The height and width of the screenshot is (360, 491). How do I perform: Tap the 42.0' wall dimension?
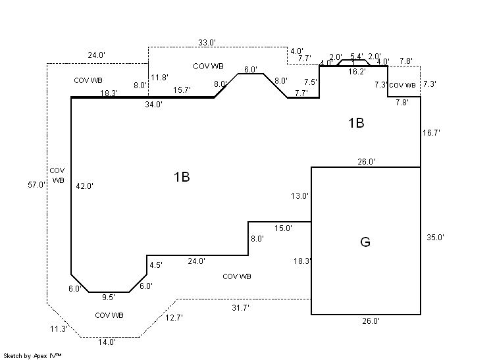(x=84, y=186)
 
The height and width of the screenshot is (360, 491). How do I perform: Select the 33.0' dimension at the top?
(x=207, y=43)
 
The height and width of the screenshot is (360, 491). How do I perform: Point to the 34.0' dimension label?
(x=154, y=104)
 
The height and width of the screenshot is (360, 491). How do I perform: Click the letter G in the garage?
(x=365, y=242)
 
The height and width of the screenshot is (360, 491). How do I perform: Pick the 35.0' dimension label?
(x=435, y=238)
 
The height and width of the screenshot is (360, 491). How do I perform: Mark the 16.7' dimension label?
(x=431, y=133)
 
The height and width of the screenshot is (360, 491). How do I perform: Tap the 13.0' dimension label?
(x=299, y=196)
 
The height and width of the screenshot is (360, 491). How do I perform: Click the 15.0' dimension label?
(x=283, y=228)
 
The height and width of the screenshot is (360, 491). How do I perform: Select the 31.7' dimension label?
(x=240, y=307)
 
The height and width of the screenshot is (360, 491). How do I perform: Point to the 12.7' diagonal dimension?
(x=174, y=318)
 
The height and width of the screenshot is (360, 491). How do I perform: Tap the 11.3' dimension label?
(x=59, y=328)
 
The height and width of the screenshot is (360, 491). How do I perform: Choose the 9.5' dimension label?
(x=109, y=297)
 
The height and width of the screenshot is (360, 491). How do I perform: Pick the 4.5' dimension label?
(x=156, y=265)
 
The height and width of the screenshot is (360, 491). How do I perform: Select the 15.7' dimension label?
(x=182, y=90)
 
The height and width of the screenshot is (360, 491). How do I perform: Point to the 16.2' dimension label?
(x=357, y=72)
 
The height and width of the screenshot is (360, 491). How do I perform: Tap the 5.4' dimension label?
(x=356, y=57)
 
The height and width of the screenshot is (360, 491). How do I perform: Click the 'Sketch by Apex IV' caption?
(x=33, y=355)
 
